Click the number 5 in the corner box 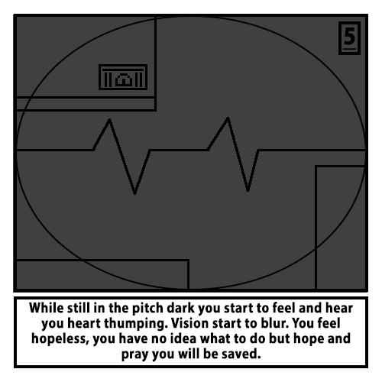point(349,36)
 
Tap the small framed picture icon point(123,77)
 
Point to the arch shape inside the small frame point(124,79)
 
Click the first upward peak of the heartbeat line point(109,119)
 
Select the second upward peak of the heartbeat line point(228,118)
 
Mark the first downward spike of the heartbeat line point(135,193)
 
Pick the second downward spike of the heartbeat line point(248,190)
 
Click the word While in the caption point(47,308)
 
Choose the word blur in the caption point(276,323)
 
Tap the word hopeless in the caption point(60,339)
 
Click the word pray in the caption point(135,354)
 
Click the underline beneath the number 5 point(349,49)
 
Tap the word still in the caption point(79,308)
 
